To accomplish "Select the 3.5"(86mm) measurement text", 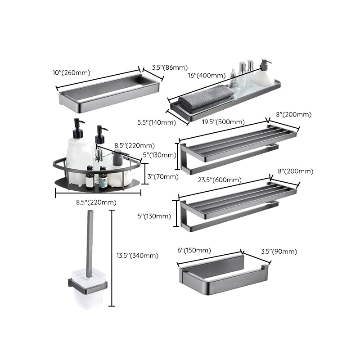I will (169, 67).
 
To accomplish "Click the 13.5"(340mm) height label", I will (137, 256).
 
